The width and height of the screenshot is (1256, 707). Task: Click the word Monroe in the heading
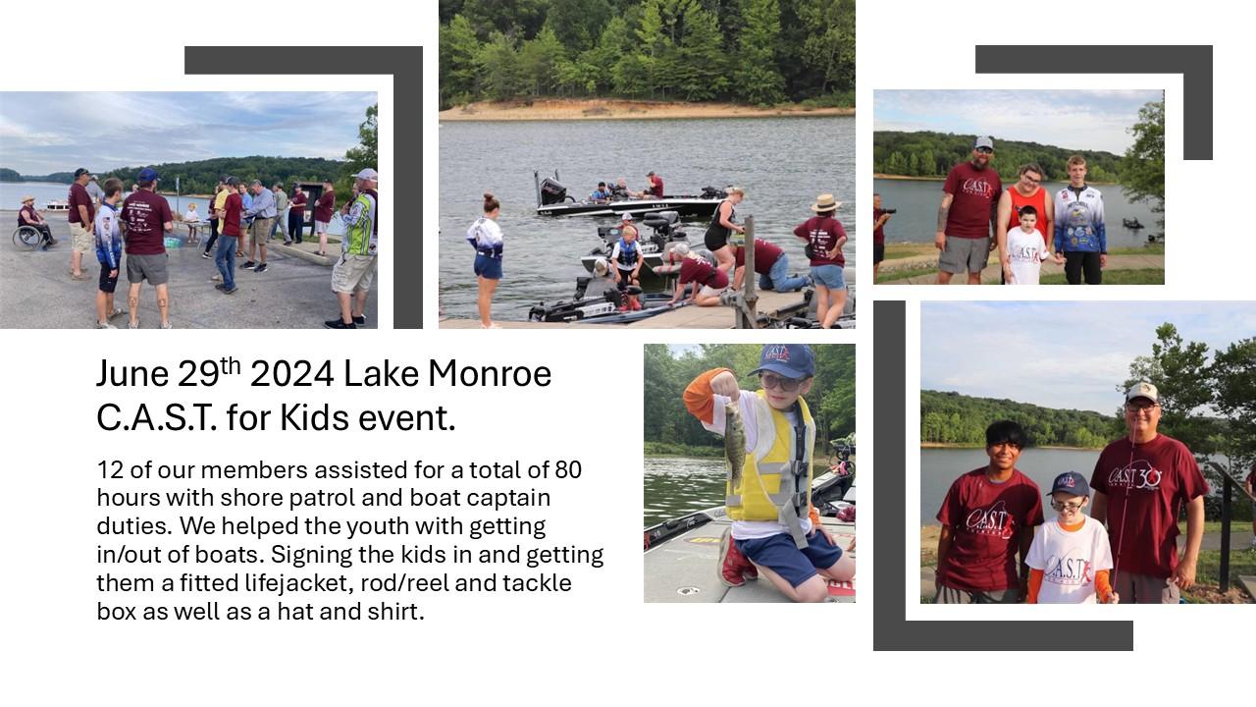tap(490, 374)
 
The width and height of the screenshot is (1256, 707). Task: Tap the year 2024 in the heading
tap(292, 374)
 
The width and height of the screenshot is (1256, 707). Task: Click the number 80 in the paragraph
tap(568, 470)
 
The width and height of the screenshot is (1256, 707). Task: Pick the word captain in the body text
tap(508, 499)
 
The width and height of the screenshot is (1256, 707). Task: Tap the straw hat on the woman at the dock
tap(826, 202)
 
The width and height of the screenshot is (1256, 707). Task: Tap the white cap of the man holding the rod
tap(1142, 392)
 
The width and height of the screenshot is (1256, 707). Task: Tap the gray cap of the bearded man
tap(983, 143)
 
